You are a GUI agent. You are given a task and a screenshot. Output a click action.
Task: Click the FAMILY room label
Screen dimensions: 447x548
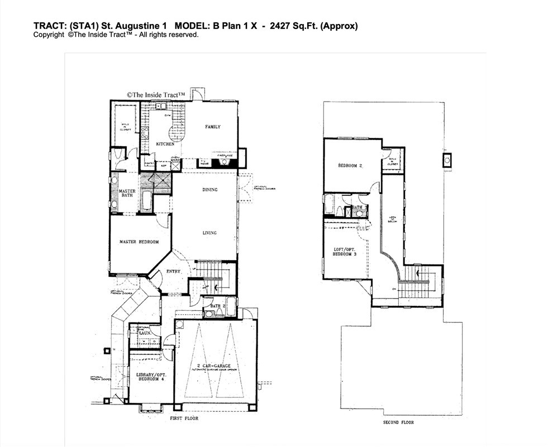click(x=212, y=127)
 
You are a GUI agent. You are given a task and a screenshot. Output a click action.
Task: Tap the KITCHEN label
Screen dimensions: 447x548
click(x=165, y=144)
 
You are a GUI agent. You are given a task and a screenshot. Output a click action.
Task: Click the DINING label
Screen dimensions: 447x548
click(x=209, y=190)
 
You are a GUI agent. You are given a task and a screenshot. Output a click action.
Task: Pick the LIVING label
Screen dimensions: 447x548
click(x=209, y=233)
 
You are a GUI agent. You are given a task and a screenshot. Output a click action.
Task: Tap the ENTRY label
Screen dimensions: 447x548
click(x=173, y=272)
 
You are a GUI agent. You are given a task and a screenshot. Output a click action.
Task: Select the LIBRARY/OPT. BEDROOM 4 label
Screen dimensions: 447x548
click(x=151, y=377)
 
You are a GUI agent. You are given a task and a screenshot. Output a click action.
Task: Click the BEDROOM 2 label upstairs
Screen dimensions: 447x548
click(x=350, y=166)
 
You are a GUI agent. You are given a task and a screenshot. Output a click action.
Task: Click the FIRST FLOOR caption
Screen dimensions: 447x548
click(x=184, y=418)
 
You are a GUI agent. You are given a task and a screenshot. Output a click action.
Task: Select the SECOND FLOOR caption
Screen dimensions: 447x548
click(x=398, y=422)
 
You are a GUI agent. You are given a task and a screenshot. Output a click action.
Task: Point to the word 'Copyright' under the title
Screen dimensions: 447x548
click(x=49, y=35)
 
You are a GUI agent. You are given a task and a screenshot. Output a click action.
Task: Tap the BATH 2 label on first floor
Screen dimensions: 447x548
click(x=217, y=305)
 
